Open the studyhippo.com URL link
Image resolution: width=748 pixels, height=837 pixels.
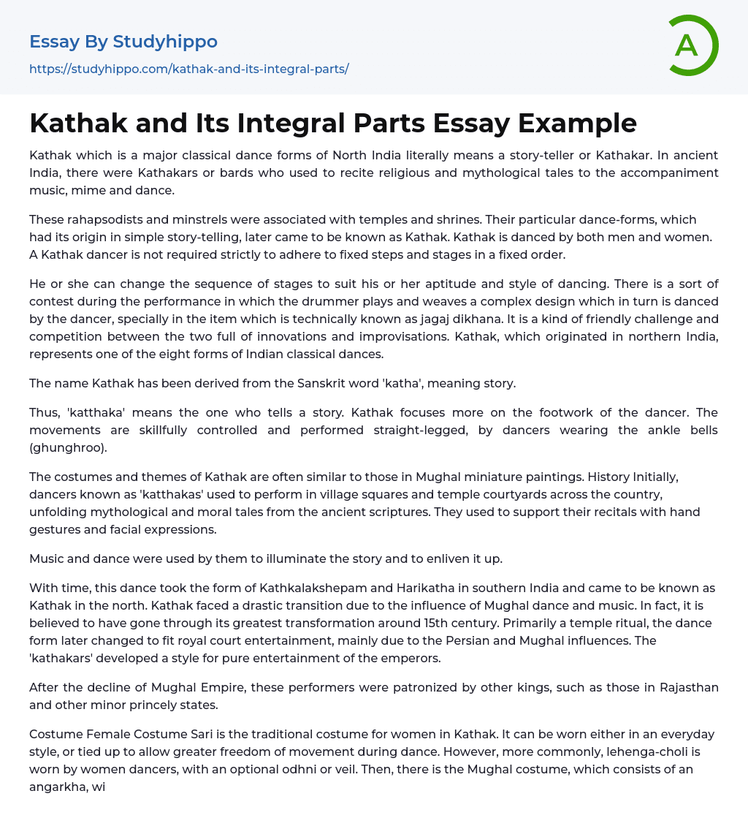click(188, 69)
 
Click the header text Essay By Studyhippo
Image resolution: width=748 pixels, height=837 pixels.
click(123, 42)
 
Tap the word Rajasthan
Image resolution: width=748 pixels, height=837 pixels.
click(682, 687)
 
